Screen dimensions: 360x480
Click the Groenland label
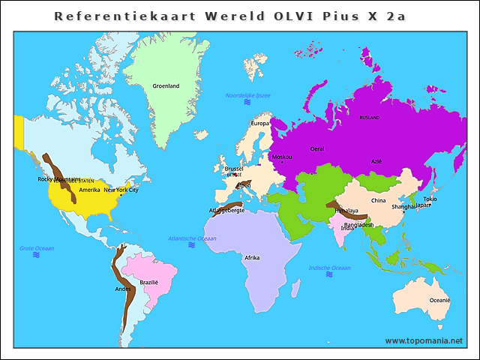[166, 86]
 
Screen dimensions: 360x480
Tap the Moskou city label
[282, 157]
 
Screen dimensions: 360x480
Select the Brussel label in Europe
[234, 169]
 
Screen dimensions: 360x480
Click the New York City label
[121, 190]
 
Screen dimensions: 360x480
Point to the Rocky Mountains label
[58, 179]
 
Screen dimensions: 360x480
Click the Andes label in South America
[122, 289]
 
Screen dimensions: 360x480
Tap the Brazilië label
[149, 283]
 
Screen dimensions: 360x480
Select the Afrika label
[252, 257]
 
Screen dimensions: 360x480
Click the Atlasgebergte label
[226, 211]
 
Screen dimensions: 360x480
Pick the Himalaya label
[346, 211]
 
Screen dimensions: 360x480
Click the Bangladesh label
[359, 224]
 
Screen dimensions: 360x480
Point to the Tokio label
[430, 199]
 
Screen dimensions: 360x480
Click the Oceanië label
[439, 300]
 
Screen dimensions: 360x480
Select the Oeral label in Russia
[317, 149]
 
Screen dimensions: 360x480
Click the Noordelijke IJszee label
[247, 96]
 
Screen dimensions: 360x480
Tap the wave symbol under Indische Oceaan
[329, 274]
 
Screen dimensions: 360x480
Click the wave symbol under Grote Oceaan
[36, 255]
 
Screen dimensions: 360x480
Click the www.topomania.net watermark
[424, 340]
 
